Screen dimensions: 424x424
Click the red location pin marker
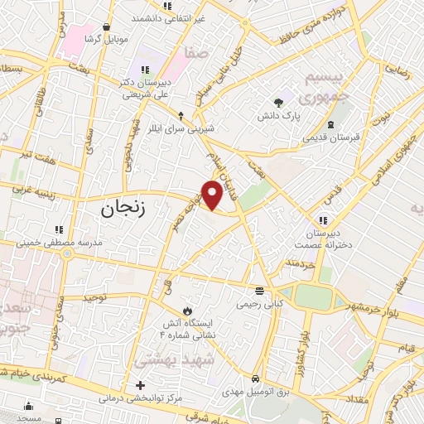[x=213, y=194]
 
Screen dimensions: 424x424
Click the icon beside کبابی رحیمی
[x=259, y=291]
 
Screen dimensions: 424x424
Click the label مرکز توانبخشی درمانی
[x=142, y=399]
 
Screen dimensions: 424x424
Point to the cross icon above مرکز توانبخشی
[x=141, y=385]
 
